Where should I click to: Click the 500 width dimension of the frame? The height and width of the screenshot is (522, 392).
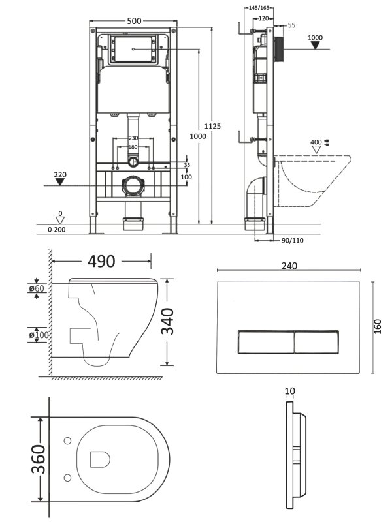point(134,21)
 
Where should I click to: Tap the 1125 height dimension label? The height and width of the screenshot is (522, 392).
point(212,126)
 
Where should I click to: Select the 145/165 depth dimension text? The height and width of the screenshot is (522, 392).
point(259,8)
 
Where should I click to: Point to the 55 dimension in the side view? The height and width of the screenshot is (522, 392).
point(291,25)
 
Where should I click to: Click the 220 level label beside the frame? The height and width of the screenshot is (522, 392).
point(60,174)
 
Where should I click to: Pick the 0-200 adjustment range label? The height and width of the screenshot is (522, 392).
point(57,230)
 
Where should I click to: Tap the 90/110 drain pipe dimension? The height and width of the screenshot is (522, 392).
point(292,240)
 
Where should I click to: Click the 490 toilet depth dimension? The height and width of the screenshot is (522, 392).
point(101,262)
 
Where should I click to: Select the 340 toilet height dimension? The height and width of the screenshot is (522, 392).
point(168,321)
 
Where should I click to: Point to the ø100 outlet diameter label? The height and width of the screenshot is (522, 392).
point(39,335)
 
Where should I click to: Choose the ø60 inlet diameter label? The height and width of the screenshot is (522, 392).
point(37,288)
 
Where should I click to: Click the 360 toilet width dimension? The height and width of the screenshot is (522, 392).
point(39,459)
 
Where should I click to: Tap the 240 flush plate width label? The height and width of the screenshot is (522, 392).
point(289,266)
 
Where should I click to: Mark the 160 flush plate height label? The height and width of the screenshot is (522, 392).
point(378,327)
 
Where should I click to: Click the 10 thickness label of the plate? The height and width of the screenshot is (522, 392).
point(290,391)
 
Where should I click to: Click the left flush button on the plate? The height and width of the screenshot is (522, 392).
point(266,342)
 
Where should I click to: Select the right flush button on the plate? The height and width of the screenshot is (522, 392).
point(317,342)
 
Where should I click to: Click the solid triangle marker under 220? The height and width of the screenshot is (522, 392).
point(60,182)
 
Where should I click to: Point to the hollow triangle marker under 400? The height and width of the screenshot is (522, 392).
point(316,149)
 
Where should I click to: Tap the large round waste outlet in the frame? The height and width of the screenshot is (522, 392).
point(133,186)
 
